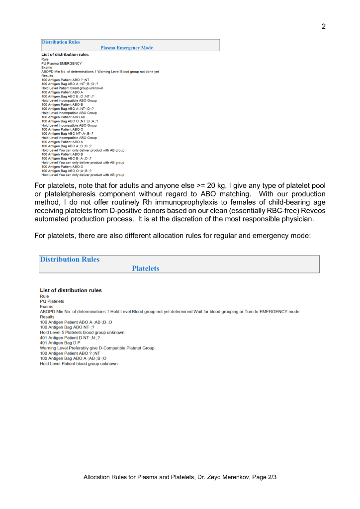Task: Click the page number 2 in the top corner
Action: (323, 26)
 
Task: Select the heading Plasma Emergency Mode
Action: (126, 48)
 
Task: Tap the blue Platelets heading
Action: (146, 268)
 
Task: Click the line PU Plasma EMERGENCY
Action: (62, 63)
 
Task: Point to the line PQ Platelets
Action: (52, 301)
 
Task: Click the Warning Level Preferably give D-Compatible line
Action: (97, 348)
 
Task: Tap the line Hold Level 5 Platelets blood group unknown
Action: (82, 333)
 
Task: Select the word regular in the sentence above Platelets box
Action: (226, 235)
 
